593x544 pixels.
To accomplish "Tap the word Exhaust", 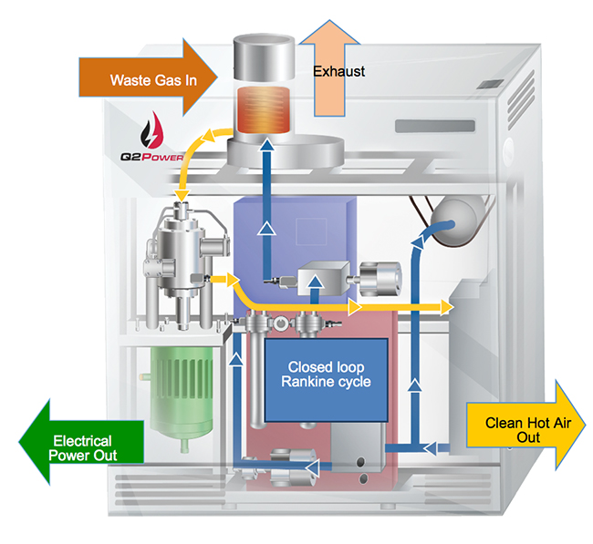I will (339, 70).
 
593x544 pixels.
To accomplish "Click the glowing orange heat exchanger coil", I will (265, 109).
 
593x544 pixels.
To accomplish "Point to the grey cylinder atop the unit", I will (265, 56).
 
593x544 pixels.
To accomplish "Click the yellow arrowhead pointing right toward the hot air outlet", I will (446, 307).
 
